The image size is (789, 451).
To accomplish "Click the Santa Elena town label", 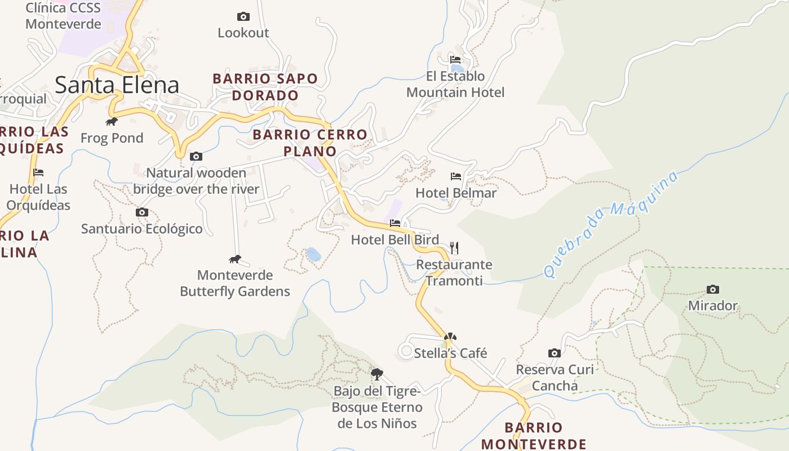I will click(117, 85).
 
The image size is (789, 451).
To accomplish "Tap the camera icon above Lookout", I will click(243, 17).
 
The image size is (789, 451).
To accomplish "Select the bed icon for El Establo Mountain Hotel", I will click(455, 59).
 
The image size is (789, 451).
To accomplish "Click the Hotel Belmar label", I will click(455, 193).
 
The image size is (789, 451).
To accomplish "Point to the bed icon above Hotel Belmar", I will click(456, 176).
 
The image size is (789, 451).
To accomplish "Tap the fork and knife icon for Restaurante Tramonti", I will click(454, 247).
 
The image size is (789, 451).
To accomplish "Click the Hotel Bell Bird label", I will click(394, 240).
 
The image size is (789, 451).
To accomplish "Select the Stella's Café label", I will click(450, 353).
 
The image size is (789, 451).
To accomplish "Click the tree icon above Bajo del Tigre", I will click(377, 374).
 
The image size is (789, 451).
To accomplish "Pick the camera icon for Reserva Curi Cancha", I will click(555, 353).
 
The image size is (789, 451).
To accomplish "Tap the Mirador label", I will click(712, 306).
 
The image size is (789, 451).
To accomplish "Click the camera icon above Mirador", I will click(713, 290).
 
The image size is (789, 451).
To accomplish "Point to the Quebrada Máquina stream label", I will click(611, 224).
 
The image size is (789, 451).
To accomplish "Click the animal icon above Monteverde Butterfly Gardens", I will click(235, 259).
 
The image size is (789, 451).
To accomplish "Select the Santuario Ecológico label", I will click(141, 229).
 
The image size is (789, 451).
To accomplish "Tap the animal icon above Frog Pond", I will click(112, 122).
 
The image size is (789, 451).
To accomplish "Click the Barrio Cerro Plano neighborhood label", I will click(309, 143).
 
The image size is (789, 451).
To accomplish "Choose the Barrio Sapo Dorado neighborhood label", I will click(265, 87).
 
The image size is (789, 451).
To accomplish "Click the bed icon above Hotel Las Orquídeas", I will click(38, 173).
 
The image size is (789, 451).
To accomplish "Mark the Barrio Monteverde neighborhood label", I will click(533, 435).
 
